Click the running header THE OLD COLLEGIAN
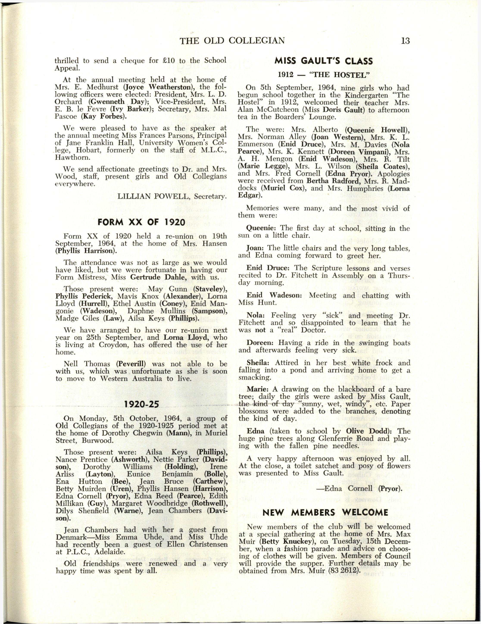(232, 41)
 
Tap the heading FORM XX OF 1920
(141, 222)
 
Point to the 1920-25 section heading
(141, 404)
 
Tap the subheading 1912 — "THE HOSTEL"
(324, 75)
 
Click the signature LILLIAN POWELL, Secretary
(172, 197)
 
